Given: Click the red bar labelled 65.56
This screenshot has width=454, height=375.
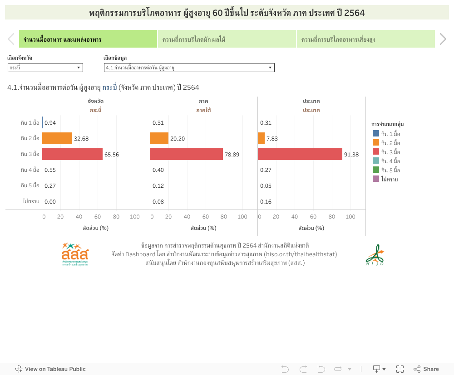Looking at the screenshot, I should [73, 154].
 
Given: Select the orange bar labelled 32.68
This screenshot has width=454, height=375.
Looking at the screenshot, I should [57, 138].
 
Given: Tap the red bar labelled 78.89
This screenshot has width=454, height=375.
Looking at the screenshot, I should [187, 154].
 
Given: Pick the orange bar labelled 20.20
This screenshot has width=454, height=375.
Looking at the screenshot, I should [159, 138].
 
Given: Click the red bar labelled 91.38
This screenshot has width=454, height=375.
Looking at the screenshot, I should [300, 154].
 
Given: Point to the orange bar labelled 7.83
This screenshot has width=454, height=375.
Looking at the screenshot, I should [261, 138].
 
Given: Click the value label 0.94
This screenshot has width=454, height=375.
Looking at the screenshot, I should [50, 123].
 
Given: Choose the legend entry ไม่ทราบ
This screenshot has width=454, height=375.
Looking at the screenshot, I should [389, 179].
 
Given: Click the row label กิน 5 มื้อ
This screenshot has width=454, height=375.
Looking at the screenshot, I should [30, 185].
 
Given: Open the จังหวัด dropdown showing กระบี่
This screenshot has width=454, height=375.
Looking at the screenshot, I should [45, 68].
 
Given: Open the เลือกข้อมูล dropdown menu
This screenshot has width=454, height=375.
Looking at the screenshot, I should [189, 68].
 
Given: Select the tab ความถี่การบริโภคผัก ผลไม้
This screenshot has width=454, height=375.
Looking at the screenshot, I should [227, 39].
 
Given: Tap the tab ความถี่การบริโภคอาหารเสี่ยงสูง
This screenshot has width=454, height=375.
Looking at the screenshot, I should [365, 39].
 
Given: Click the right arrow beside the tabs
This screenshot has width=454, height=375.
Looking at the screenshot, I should [443, 39].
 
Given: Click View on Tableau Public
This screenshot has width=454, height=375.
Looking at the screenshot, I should [50, 369].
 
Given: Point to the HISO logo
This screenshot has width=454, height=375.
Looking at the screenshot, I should [375, 255].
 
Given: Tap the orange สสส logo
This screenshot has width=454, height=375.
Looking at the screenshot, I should [75, 254].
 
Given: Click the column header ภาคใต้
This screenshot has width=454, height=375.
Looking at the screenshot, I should [203, 110].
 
